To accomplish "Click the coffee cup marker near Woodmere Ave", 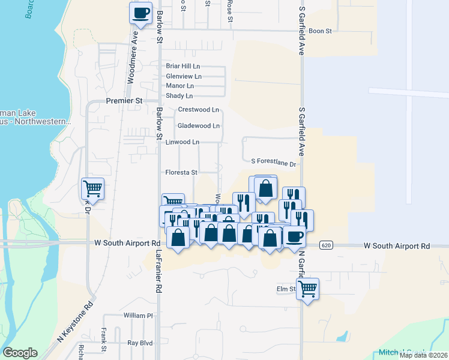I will point(141,13).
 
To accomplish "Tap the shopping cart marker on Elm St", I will point(307,289).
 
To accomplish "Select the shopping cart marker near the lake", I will point(93,189).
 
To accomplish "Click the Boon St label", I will point(321,31).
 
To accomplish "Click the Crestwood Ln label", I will point(199,110).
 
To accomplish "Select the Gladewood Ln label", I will point(199,126).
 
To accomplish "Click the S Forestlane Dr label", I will point(274,163).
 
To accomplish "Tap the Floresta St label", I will point(182,173).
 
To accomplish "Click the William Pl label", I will point(139,315).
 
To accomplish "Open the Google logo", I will point(20,353).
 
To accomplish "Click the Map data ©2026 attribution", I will point(423,355).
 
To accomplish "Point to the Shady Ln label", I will point(179,96).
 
